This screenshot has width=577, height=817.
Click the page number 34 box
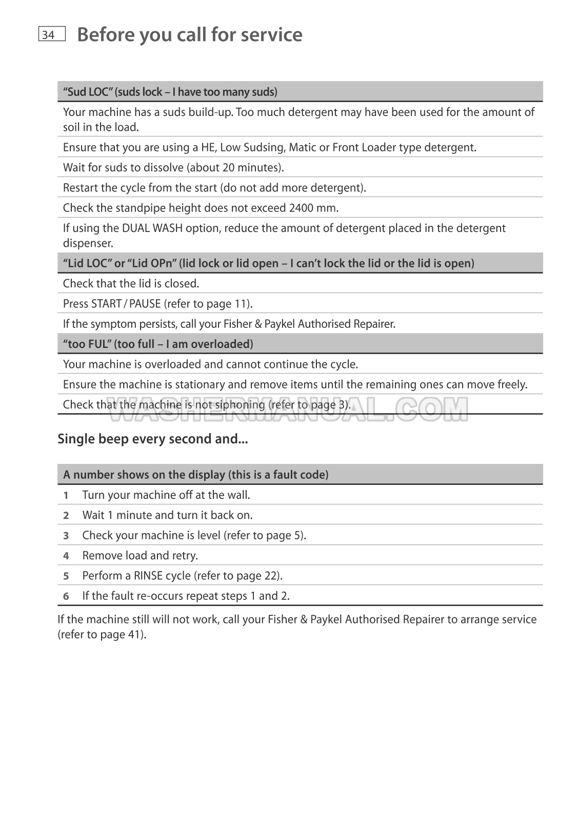click(x=51, y=34)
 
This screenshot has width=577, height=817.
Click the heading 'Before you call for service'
click(x=189, y=34)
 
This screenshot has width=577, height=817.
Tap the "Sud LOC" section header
click(x=170, y=92)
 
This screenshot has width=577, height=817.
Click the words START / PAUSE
click(x=126, y=303)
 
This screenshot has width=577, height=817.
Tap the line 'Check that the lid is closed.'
click(x=131, y=283)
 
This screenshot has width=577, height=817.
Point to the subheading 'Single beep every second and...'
click(x=153, y=439)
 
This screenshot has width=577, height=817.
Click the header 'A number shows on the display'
click(x=195, y=475)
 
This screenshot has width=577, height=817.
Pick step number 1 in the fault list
click(x=66, y=495)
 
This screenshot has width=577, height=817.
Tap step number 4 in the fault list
click(x=66, y=556)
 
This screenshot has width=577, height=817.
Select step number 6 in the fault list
click(x=66, y=596)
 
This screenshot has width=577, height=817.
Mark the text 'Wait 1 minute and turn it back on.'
click(x=167, y=515)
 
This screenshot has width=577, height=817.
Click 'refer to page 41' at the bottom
click(x=102, y=635)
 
